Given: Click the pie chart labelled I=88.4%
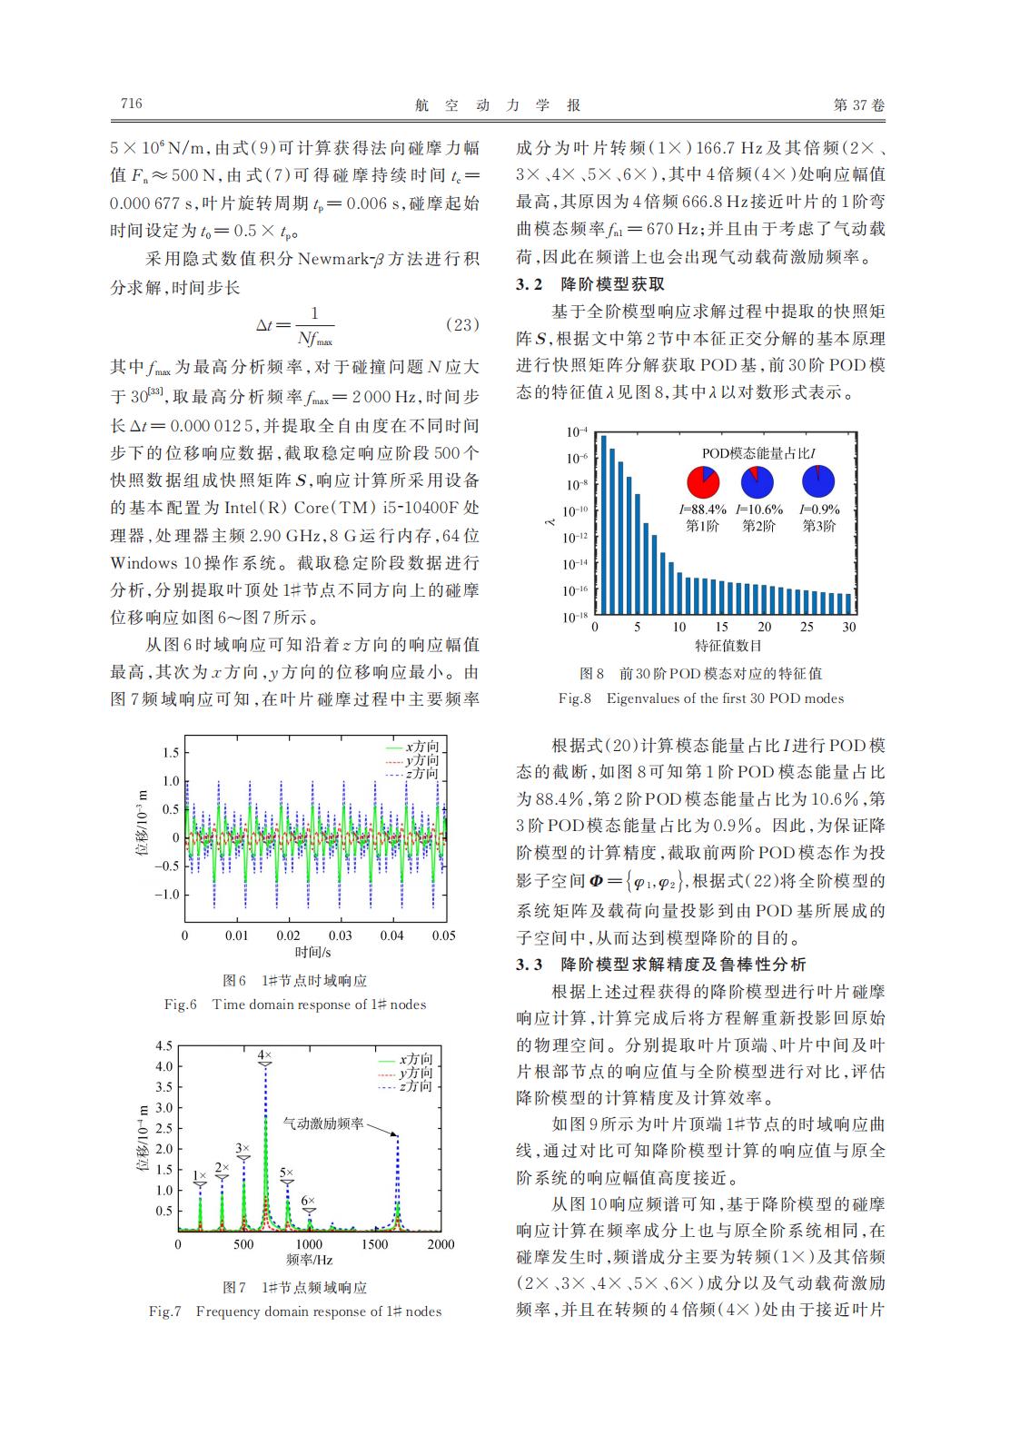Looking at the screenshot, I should pyautogui.click(x=704, y=482).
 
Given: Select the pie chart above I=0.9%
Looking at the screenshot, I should pyautogui.click(x=818, y=482).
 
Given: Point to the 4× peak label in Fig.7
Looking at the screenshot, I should pyautogui.click(x=265, y=1054).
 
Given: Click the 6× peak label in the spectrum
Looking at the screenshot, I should pyautogui.click(x=309, y=1200).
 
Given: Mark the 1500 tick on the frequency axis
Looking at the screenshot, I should pyautogui.click(x=374, y=1244).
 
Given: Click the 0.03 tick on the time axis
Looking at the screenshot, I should pyautogui.click(x=341, y=935).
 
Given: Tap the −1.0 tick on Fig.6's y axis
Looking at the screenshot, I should pyautogui.click(x=168, y=895).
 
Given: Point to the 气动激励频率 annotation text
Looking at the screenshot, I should pyautogui.click(x=323, y=1123).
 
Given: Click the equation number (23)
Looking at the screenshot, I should pyautogui.click(x=463, y=324).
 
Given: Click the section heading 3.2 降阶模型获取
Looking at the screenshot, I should pyautogui.click(x=590, y=284).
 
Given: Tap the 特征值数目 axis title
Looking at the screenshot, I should pyautogui.click(x=727, y=646).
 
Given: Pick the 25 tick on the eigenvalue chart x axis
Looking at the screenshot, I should pyautogui.click(x=807, y=627).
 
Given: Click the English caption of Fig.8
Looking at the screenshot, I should pyautogui.click(x=700, y=698).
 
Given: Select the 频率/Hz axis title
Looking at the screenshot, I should pyautogui.click(x=309, y=1261).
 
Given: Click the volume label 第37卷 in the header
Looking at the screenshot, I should pyautogui.click(x=858, y=105).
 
